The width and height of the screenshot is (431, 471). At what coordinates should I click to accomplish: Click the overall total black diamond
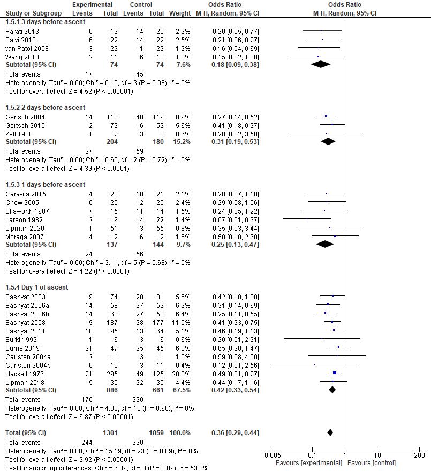[x=330, y=432]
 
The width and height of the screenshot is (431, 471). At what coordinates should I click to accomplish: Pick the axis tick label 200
[x=419, y=455]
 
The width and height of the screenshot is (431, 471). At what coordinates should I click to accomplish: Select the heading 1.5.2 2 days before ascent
[x=45, y=108]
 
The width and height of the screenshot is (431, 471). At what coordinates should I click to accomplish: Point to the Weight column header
[x=179, y=12]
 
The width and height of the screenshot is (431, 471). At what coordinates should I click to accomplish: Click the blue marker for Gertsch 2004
[x=326, y=116]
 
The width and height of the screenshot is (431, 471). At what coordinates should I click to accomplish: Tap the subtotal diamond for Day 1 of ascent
[x=332, y=390]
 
